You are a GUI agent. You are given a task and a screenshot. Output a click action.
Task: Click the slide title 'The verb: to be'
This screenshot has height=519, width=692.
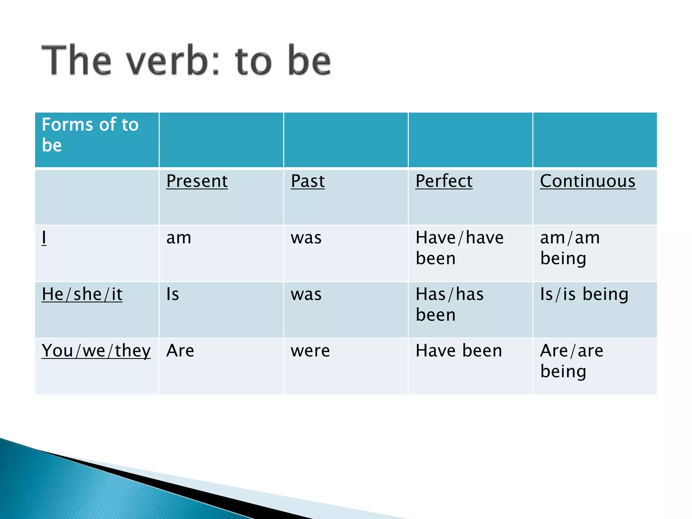[186, 61]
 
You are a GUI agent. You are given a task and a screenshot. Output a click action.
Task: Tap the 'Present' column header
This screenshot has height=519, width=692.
[197, 181]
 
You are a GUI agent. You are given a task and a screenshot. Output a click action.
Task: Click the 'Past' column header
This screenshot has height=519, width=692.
[307, 181]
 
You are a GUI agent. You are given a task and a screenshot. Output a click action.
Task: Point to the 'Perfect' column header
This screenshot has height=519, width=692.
[444, 181]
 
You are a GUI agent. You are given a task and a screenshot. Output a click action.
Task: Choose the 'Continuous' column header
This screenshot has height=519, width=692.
[588, 181]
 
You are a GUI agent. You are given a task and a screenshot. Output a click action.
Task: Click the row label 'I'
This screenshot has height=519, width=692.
[44, 238]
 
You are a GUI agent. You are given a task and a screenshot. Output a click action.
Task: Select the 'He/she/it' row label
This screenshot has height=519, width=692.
[82, 294]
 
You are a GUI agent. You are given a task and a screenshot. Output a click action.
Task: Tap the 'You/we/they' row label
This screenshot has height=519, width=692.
[96, 351]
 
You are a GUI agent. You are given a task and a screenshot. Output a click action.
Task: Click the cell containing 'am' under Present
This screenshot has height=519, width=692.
[179, 238]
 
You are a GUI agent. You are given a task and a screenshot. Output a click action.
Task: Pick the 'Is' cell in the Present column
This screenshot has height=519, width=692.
[173, 294]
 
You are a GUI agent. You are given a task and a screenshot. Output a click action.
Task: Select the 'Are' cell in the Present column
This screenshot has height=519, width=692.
[180, 351]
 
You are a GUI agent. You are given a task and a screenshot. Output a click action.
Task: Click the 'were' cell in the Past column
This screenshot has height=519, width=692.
[310, 351]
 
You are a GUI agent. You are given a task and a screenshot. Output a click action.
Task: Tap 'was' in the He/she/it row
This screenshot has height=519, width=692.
[306, 294]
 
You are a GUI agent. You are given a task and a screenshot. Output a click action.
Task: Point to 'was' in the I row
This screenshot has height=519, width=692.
[306, 238]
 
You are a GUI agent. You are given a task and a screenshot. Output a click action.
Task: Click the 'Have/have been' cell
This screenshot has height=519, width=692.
[459, 248]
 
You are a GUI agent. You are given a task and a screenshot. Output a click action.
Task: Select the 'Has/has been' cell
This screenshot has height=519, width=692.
[449, 304]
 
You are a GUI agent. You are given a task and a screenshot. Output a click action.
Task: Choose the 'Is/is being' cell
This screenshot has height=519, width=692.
[584, 294]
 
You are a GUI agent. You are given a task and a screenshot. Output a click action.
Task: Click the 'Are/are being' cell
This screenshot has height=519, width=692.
[571, 361]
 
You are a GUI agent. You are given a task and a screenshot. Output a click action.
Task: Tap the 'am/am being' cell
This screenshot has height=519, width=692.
[570, 248]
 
